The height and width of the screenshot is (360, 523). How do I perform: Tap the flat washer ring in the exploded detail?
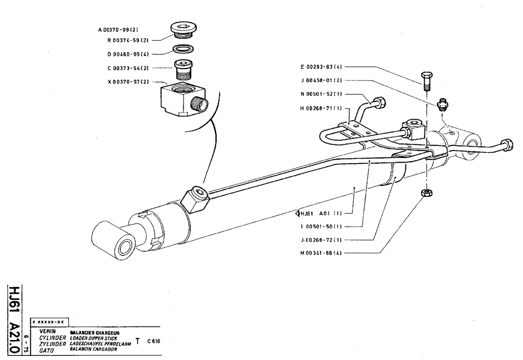[182, 51]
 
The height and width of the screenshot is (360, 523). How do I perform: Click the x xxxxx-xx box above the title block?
[50, 321]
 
